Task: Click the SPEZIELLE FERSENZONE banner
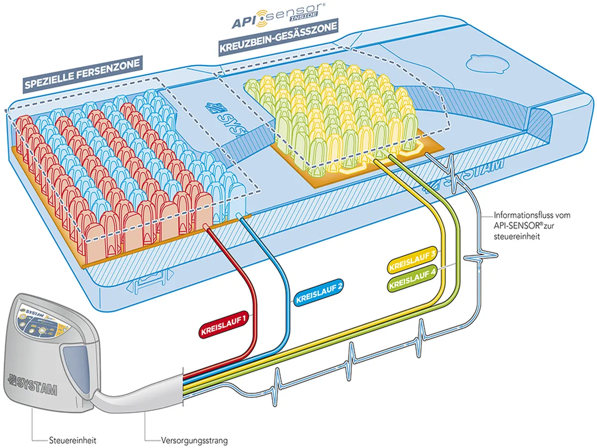[83, 75]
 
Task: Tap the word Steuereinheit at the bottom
[73, 440]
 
